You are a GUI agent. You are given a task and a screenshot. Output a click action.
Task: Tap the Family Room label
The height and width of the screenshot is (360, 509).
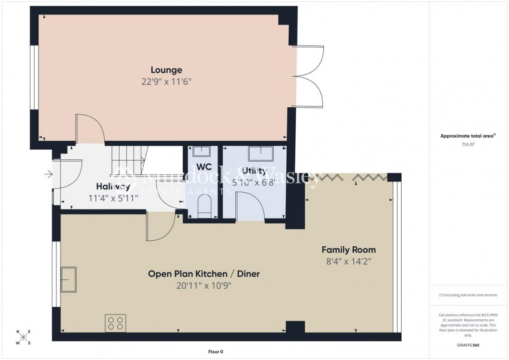pyautogui.click(x=349, y=250)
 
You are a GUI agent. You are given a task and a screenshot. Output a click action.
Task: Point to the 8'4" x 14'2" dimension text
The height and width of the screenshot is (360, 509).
pyautogui.click(x=349, y=261)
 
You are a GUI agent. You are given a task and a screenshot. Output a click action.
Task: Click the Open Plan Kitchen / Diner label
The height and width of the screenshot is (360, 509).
pyautogui.click(x=204, y=274)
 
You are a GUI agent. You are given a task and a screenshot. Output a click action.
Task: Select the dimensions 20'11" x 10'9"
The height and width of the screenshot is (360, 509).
pyautogui.click(x=204, y=285)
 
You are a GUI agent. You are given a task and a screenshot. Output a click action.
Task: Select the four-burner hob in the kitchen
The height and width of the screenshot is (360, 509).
pyautogui.click(x=115, y=323)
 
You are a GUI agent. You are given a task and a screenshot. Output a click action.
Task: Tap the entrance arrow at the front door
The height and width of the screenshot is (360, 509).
pyautogui.click(x=49, y=176)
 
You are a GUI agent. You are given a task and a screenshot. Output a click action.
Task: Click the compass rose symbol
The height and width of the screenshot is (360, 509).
pyautogui.click(x=23, y=337)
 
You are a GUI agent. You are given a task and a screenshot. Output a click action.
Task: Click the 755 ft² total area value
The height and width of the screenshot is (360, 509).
pyautogui.click(x=469, y=144)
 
